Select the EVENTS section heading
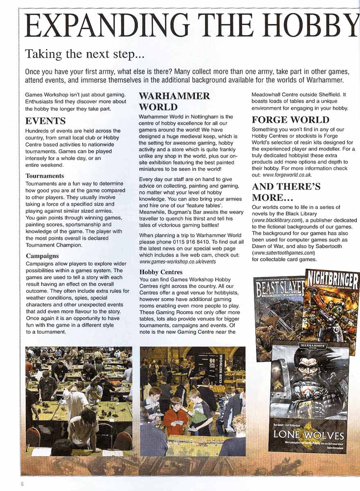point(45,121)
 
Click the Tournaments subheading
point(45,176)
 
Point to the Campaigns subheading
point(42,256)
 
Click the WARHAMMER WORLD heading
point(174,101)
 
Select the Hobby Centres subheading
point(161,272)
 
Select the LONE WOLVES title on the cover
point(309,435)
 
